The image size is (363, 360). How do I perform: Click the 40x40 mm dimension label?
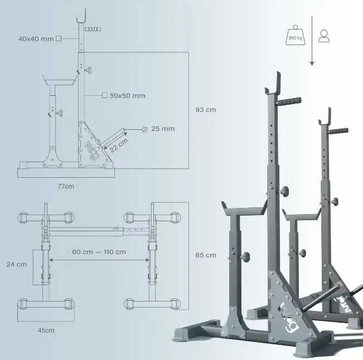pyautogui.click(x=36, y=38)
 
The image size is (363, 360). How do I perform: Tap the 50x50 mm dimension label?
pyautogui.click(x=128, y=95)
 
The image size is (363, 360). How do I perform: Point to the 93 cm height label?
pyautogui.click(x=206, y=110)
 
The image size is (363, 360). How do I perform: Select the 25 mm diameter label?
pyautogui.click(x=163, y=129)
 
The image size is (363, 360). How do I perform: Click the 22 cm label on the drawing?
pyautogui.click(x=118, y=145)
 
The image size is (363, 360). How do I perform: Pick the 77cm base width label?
pyautogui.click(x=66, y=186)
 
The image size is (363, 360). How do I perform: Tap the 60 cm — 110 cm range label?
pyautogui.click(x=99, y=252)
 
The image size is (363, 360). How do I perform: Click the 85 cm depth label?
pyautogui.click(x=206, y=255)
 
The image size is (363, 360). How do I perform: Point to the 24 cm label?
pyautogui.click(x=16, y=264)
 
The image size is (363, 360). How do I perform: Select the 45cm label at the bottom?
pyautogui.click(x=46, y=330)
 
